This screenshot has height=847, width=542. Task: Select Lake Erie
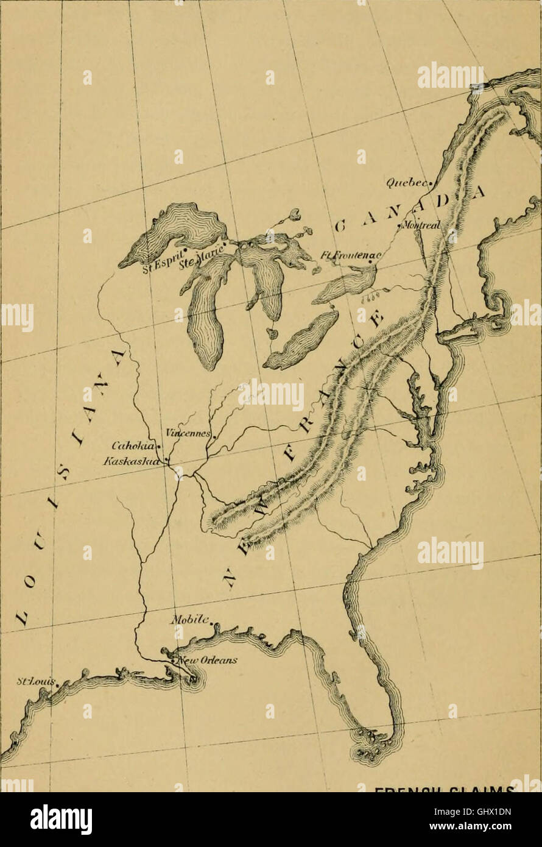pyautogui.click(x=301, y=341)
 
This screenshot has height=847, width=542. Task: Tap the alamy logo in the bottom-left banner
pyautogui.click(x=61, y=820)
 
